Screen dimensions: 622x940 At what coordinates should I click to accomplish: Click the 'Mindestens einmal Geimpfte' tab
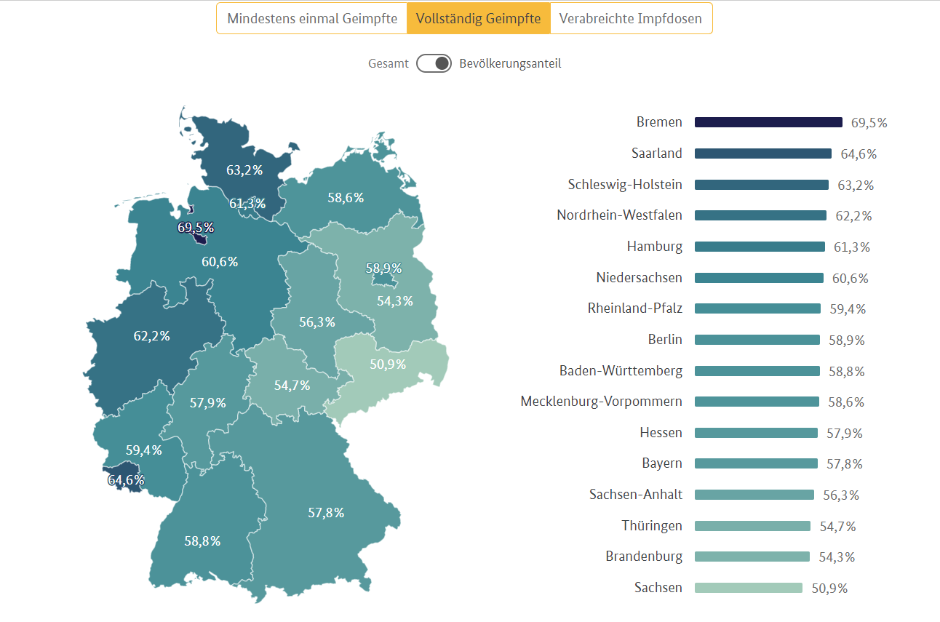coord(312,19)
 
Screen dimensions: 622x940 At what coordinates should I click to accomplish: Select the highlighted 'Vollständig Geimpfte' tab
coord(478,19)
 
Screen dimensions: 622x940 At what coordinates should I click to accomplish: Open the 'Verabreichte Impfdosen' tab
coord(630,19)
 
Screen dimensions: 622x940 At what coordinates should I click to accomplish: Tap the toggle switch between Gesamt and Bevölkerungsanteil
coord(434,63)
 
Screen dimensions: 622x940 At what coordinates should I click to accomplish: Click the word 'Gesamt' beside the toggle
coord(389,63)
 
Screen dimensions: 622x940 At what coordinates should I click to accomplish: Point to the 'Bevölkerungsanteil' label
coord(510,63)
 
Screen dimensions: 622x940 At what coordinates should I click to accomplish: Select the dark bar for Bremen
coord(768,122)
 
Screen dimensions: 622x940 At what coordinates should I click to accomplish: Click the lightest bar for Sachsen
coord(748,588)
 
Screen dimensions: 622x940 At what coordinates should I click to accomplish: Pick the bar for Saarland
coord(762,153)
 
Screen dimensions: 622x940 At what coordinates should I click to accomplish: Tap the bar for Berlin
coord(757,340)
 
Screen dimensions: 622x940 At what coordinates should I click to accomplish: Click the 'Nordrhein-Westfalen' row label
coord(619,215)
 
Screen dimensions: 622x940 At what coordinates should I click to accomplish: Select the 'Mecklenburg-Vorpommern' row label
coord(601,402)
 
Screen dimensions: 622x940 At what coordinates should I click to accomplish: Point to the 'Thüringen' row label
coord(652,526)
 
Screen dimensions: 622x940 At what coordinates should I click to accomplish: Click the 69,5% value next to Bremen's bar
coord(869,123)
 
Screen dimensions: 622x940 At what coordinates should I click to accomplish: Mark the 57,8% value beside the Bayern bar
coord(845,464)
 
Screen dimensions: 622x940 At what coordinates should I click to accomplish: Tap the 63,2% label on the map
coord(244,170)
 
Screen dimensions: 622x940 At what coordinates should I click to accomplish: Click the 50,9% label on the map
coord(388,364)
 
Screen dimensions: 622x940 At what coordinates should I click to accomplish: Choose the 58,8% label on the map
coord(202,541)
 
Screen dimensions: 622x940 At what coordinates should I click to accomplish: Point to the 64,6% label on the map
coord(126,480)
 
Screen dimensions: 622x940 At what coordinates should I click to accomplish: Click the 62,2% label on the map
coord(151,336)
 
